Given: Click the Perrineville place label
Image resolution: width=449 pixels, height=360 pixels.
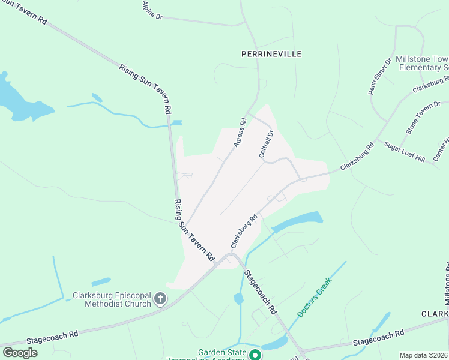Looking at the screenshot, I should click(271, 54).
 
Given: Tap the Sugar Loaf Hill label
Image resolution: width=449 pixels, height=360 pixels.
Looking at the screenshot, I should click(404, 153).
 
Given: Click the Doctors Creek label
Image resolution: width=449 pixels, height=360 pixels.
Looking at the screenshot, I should click(314, 297).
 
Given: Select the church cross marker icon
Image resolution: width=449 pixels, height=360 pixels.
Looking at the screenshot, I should click(160, 298).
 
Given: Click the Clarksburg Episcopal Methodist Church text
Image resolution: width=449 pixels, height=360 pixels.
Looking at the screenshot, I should click(112, 299).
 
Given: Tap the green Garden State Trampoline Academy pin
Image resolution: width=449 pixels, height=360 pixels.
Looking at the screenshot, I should click(255, 355).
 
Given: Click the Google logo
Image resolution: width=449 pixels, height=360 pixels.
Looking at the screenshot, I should click(20, 353).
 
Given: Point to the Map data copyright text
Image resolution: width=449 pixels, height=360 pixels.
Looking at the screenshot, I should click(423, 355).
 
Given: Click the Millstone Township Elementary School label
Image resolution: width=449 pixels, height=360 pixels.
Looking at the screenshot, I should click(424, 63).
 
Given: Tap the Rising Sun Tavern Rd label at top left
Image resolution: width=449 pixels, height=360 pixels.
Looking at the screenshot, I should click(24, 11).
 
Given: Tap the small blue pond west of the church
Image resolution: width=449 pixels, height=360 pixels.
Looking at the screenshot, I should click(100, 281).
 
